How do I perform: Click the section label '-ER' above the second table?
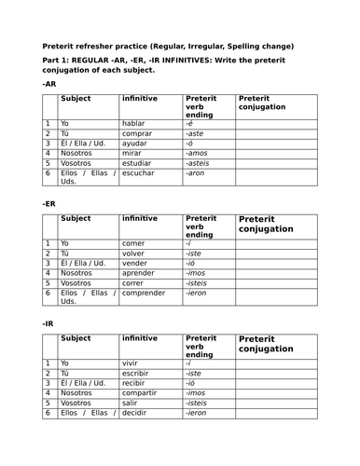48,203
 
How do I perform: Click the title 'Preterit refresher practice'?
112,46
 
